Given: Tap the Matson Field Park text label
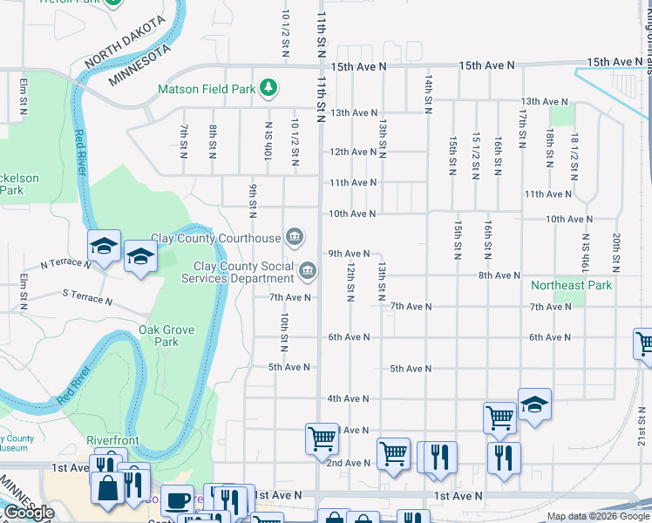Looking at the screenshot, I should (207, 89).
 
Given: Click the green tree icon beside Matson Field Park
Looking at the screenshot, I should (270, 87).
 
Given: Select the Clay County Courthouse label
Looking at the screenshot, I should (216, 237).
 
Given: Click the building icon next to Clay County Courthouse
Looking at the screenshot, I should (295, 236).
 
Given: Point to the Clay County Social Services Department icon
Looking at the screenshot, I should (307, 272).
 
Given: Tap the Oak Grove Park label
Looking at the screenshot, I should (166, 336).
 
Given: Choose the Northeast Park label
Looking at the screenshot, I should (572, 285).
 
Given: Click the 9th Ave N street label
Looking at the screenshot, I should (350, 253).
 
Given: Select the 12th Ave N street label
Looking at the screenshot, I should (352, 152).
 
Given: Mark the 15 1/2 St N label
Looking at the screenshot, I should (474, 157).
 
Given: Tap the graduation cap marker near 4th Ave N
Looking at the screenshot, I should (534, 404).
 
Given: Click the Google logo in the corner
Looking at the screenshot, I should (29, 513).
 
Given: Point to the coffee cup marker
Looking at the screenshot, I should (178, 500).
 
